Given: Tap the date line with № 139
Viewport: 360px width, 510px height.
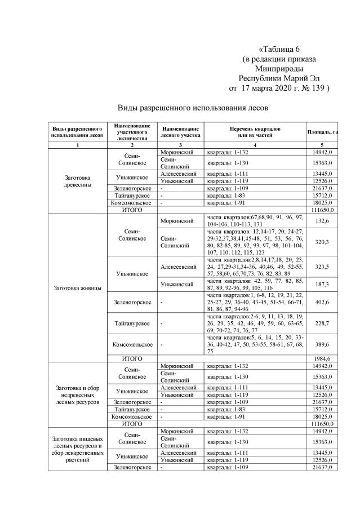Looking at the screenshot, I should pos(278,88).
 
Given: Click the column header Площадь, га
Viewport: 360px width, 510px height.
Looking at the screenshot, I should pos(322,132).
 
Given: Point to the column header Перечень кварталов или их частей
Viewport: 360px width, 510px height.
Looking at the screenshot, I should pos(255,132).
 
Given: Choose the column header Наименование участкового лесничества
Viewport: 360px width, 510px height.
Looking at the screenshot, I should pos(131,132).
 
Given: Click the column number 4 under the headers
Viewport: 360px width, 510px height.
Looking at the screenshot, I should pos(255,145).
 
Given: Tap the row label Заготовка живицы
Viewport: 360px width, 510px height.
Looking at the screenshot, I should pos(78,289).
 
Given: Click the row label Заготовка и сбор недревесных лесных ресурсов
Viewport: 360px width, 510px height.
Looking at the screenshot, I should pos(78,396).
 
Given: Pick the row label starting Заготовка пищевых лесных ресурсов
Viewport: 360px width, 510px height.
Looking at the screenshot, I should pos(78,448).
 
